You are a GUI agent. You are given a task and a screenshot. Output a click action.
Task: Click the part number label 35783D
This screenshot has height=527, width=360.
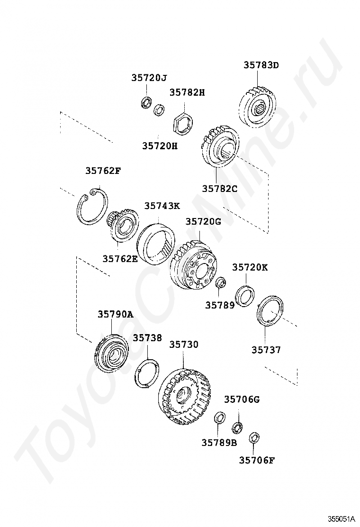(x=261, y=65)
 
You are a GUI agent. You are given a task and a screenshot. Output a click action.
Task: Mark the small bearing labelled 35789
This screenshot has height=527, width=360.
(x=221, y=284)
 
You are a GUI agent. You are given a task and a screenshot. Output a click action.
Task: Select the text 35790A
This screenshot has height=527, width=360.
(x=116, y=314)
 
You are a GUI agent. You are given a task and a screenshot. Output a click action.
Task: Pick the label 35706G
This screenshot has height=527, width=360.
(x=242, y=400)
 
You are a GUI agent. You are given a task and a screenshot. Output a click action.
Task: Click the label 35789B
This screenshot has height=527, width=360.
(x=219, y=443)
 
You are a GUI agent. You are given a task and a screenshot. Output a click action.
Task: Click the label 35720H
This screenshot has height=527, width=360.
(x=160, y=146)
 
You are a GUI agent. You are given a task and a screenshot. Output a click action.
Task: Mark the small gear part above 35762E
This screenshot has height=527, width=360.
(x=121, y=226)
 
